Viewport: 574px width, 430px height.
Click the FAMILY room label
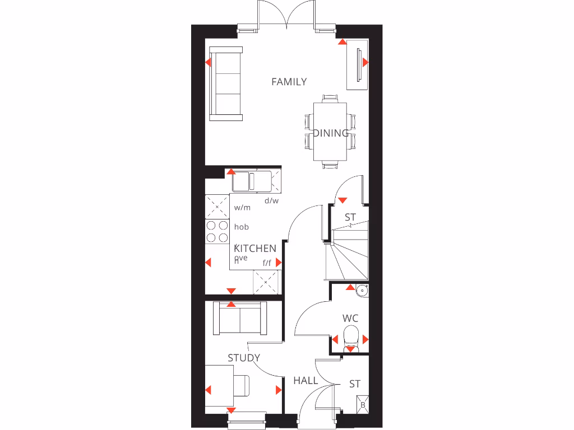pos(289,82)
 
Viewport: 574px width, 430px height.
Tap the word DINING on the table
pos(331,133)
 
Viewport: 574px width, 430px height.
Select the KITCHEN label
pos(255,248)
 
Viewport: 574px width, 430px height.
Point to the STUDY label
pos(244,358)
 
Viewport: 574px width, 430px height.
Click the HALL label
pos(305,381)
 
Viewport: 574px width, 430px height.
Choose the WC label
pos(350,319)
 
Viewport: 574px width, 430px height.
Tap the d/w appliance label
pos(271,200)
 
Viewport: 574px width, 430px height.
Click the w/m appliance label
pos(242,208)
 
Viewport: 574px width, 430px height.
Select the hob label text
pos(242,227)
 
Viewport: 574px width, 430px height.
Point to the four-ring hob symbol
pos(217,232)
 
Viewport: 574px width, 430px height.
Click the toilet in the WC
pos(350,338)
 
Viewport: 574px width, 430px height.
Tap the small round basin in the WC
pos(363,290)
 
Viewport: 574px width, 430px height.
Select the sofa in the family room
pos(226,84)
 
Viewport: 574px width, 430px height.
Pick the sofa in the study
pos(240,320)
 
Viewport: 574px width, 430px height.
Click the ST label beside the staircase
pos(350,217)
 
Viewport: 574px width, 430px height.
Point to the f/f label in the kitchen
pos(267,262)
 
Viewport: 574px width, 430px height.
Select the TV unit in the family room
pos(357,64)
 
